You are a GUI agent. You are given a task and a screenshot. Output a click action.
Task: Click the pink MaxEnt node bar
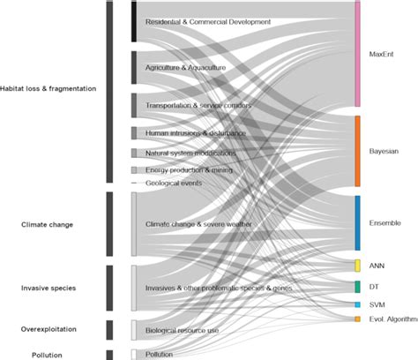tap(357, 54)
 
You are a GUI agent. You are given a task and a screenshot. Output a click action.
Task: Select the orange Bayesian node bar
tap(357, 151)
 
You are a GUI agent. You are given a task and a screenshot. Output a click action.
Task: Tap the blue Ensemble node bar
tap(357, 222)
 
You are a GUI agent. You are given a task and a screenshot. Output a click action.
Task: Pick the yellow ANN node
tap(357, 266)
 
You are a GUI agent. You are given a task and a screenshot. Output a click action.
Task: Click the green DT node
tap(357, 287)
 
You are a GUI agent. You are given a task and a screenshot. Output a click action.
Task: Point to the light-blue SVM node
tap(357, 304)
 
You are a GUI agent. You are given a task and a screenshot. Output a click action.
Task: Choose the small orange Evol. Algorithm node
tap(357, 319)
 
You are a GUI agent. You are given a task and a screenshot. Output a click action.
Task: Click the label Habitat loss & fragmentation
tap(49, 88)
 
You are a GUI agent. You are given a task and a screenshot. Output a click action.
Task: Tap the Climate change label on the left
tap(48, 224)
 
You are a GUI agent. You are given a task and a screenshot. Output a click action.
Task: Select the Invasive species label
tap(49, 288)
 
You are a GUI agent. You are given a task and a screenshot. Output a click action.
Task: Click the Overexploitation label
tap(49, 329)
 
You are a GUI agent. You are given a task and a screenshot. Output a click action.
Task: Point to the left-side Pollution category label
tap(48, 354)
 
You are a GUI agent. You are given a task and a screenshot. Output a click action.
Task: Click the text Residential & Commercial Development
tap(208, 21)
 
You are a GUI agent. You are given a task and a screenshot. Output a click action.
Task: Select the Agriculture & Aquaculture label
tap(186, 67)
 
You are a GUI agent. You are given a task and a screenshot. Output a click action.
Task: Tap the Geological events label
tap(174, 183)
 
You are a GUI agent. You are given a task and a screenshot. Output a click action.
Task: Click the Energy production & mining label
tap(188, 169)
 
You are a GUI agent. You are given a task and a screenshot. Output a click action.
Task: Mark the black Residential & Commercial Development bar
tap(133, 21)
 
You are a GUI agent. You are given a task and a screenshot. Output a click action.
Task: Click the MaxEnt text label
tap(381, 54)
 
